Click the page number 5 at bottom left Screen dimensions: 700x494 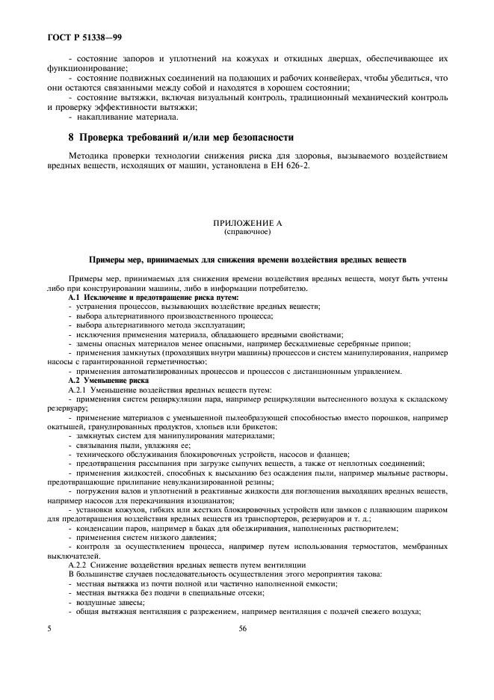coord(49,630)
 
